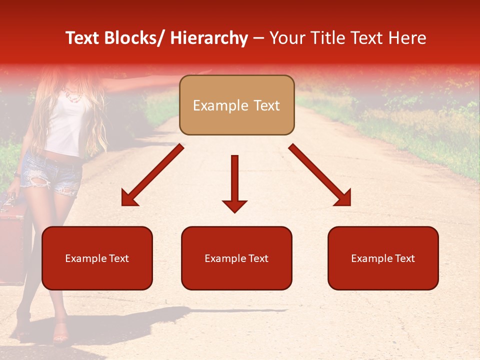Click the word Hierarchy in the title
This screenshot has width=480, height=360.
click(209, 38)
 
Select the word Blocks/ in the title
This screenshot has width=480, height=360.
click(134, 38)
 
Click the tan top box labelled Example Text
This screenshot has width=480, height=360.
click(236, 105)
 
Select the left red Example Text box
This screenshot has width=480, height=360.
click(97, 258)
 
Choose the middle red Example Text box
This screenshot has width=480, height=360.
click(236, 258)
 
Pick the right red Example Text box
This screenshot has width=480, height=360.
click(383, 258)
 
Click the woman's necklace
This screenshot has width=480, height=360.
click(73, 94)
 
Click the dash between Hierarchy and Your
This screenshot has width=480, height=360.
click(258, 38)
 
